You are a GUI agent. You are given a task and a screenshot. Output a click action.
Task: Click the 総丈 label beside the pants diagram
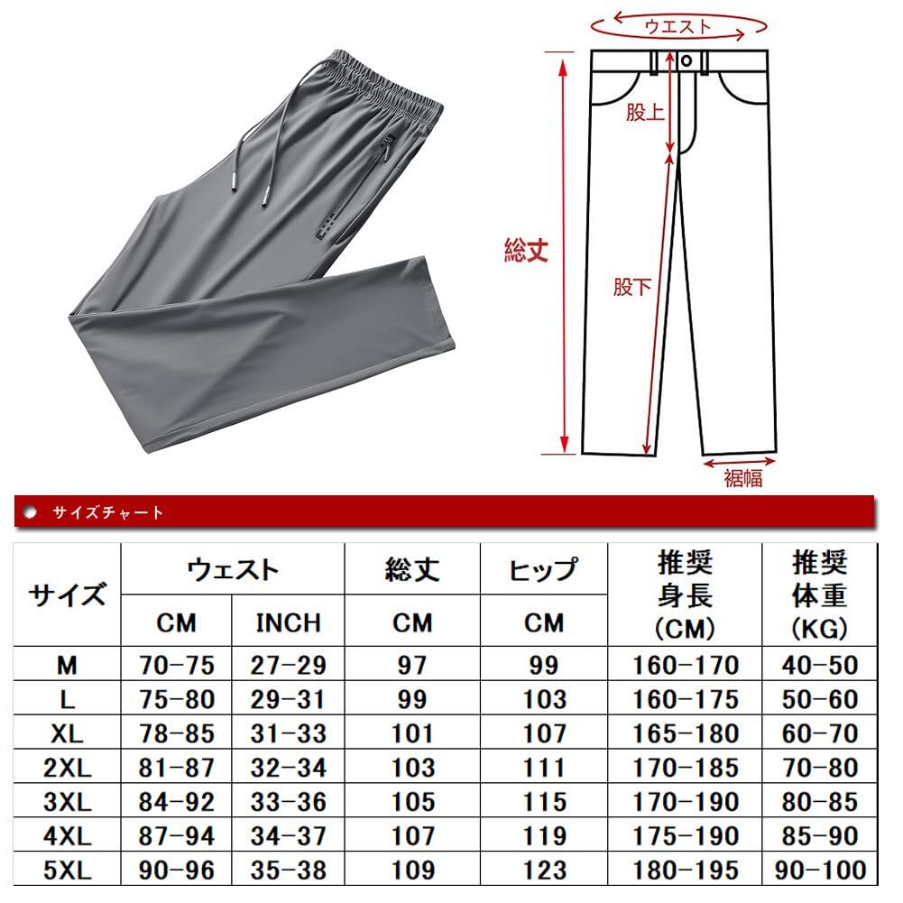click(x=526, y=252)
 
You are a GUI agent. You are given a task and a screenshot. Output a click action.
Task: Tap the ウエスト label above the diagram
click(x=678, y=26)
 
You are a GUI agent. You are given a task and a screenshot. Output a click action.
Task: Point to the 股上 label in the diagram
click(x=645, y=113)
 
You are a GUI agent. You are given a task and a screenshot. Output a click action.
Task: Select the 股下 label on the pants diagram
click(x=631, y=287)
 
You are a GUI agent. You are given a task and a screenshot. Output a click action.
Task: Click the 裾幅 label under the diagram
click(x=742, y=478)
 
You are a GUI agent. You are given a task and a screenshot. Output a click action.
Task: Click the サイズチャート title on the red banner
click(x=108, y=512)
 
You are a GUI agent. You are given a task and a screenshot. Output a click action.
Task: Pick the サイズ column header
click(x=68, y=595)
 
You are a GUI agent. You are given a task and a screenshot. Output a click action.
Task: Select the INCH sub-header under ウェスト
click(x=288, y=622)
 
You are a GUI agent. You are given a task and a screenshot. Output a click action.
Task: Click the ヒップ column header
click(x=543, y=570)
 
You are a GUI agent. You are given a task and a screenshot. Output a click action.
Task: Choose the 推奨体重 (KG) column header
click(x=819, y=595)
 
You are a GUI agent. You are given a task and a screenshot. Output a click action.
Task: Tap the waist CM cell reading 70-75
click(x=177, y=666)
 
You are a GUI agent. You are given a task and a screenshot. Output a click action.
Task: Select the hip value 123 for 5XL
click(x=544, y=871)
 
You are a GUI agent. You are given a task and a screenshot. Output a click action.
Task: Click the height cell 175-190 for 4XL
click(x=686, y=836)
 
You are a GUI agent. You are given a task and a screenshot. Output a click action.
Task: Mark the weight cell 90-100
click(x=820, y=871)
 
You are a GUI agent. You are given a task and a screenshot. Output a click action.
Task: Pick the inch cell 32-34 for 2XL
click(x=288, y=768)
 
